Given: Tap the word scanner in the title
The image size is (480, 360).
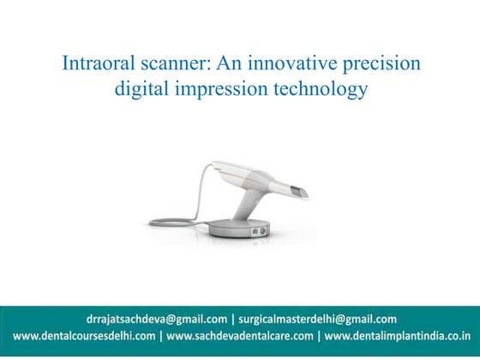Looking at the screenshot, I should [170, 65].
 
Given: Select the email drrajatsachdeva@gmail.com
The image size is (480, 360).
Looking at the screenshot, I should [155, 319].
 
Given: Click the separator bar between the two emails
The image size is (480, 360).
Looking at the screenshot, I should [233, 319].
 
